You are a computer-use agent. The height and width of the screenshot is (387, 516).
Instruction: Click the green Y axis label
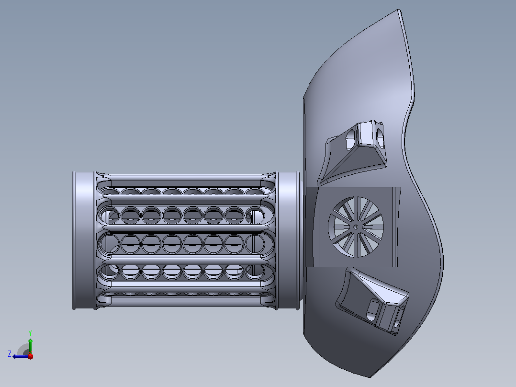click(x=30, y=333)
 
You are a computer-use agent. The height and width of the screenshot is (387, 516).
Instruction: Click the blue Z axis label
click(x=10, y=354)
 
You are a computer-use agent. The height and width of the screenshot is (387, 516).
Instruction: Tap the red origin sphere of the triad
click(x=31, y=356)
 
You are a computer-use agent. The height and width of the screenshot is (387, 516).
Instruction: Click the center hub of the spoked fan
click(x=356, y=227)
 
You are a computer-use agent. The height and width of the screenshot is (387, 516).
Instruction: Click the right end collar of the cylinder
click(x=288, y=240)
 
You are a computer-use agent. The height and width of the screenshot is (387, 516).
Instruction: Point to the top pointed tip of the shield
click(x=399, y=10)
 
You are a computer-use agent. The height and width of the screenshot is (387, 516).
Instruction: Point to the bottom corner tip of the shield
click(x=370, y=376)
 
